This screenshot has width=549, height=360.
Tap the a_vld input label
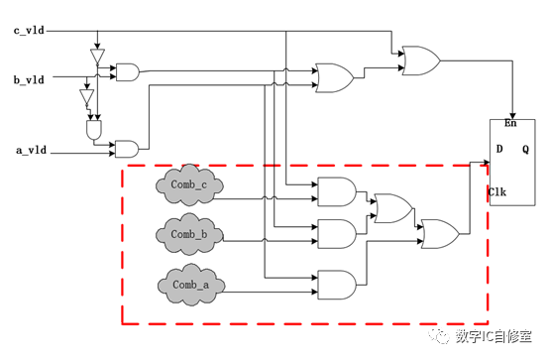click(x=29, y=152)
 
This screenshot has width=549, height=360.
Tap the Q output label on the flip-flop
click(x=526, y=149)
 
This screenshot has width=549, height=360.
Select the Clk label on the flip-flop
click(x=497, y=190)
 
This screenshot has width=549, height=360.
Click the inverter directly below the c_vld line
click(x=97, y=58)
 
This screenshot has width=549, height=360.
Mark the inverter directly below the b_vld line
click(x=86, y=99)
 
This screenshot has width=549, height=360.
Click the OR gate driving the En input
click(x=420, y=60)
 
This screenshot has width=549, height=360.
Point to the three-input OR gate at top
click(x=332, y=76)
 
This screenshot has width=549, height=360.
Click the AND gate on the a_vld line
click(x=127, y=149)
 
